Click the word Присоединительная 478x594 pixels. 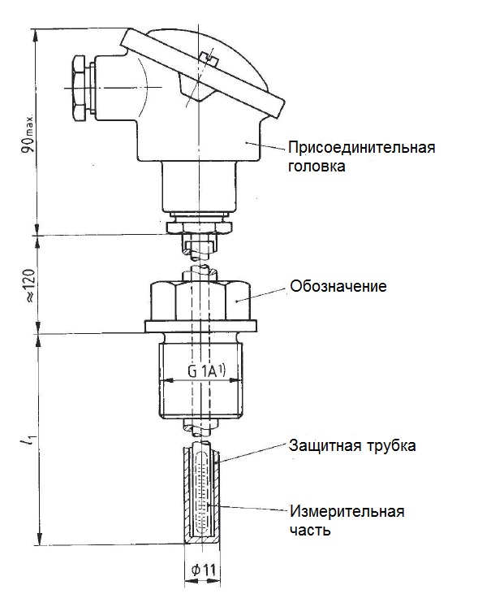click(361, 147)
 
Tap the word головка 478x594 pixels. click(317, 167)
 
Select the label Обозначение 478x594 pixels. click(338, 286)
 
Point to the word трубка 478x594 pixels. click(391, 446)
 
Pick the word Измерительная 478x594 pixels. click(347, 512)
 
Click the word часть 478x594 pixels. click(310, 531)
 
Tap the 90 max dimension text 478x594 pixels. click(28, 132)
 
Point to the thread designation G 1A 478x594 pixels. click(207, 371)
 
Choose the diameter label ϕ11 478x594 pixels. click(204, 570)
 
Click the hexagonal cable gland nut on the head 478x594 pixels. click(79, 89)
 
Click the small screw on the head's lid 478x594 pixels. click(208, 59)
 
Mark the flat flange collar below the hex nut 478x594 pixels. click(200, 326)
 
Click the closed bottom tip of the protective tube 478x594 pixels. click(202, 540)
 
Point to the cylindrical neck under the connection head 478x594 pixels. click(199, 186)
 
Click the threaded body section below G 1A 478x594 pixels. click(200, 400)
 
